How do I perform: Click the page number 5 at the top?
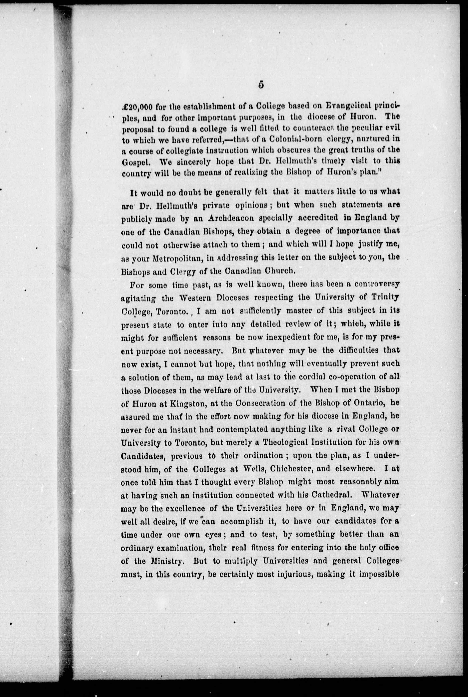point(261,85)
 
